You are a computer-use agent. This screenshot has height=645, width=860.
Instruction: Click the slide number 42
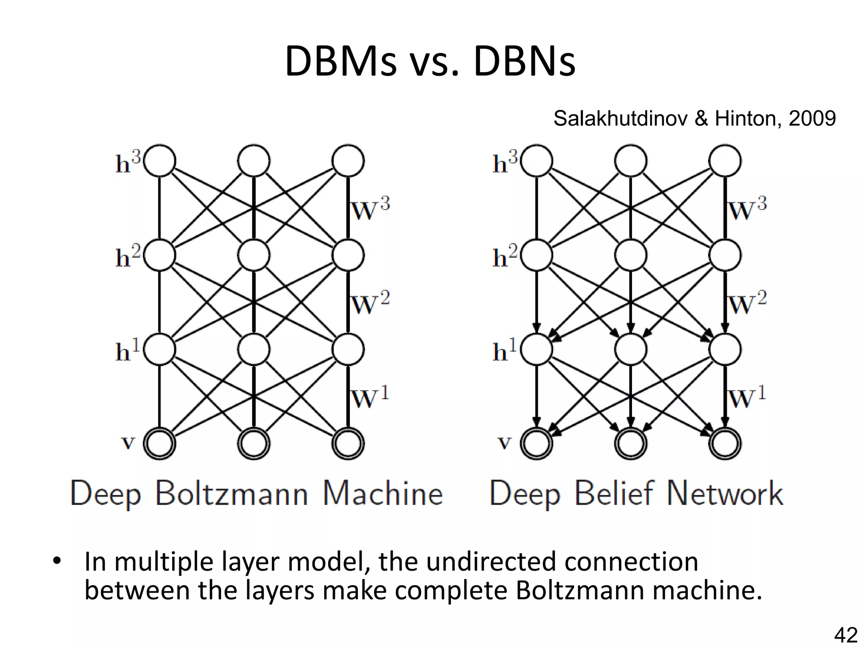(845, 635)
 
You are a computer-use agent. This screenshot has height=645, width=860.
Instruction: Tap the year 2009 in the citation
(812, 118)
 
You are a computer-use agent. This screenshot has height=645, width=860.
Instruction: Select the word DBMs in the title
(341, 62)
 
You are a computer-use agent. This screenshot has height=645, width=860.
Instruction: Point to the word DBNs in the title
(524, 62)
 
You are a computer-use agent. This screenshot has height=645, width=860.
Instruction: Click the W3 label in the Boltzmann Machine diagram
(370, 209)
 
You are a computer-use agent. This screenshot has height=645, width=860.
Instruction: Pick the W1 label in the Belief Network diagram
(747, 397)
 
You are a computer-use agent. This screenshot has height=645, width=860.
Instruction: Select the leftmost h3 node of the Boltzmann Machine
(160, 161)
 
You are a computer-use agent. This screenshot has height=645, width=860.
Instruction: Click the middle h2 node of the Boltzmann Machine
(254, 255)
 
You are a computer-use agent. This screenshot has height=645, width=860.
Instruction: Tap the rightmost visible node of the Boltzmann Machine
(348, 443)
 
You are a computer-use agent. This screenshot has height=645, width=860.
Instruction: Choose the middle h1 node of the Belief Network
(631, 349)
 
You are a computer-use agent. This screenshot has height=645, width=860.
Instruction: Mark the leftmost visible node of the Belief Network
(537, 443)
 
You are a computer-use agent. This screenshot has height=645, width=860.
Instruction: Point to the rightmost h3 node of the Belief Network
(725, 161)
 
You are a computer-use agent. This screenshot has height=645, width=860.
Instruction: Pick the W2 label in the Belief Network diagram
(747, 303)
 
